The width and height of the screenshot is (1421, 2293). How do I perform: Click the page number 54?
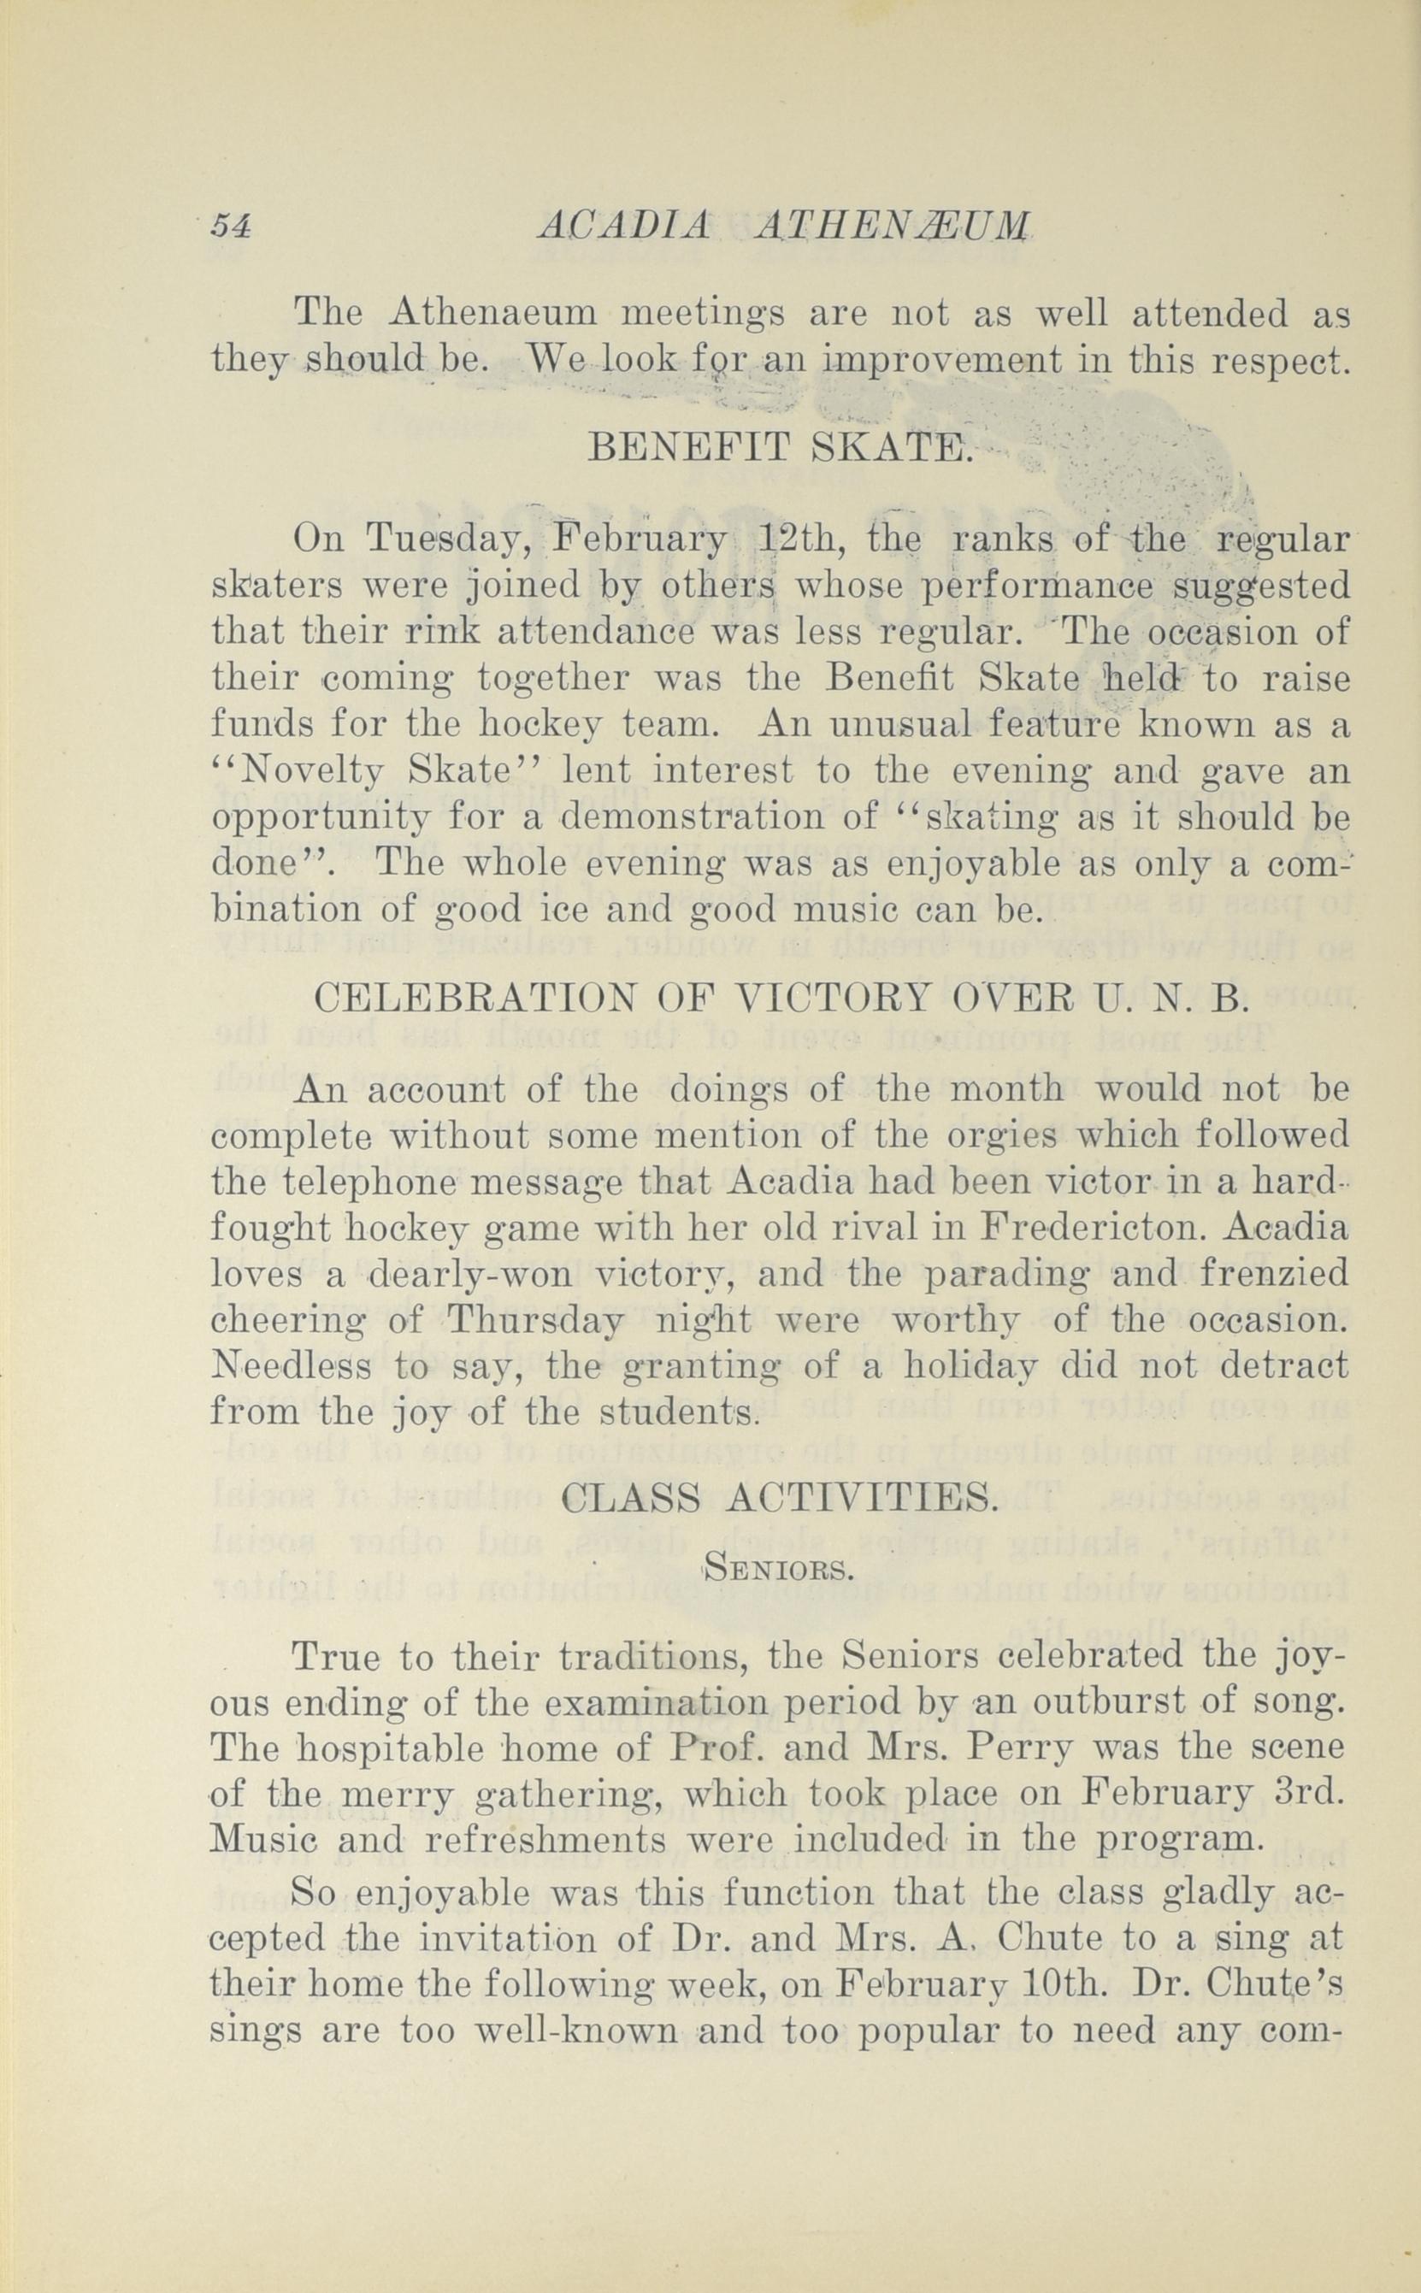(230, 227)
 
